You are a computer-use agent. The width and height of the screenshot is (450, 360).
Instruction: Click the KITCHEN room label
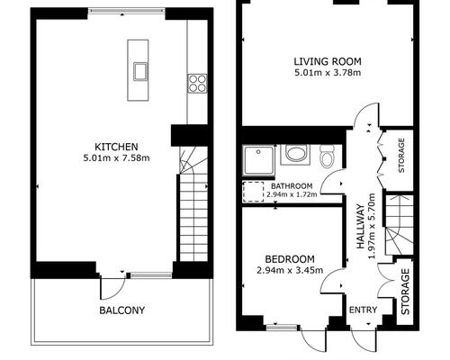pos(116,147)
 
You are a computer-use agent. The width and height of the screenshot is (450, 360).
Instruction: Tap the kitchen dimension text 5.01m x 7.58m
pos(116,157)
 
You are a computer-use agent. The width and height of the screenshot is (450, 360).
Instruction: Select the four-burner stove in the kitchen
pos(197,84)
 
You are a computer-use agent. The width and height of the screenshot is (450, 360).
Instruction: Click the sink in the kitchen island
pos(140,72)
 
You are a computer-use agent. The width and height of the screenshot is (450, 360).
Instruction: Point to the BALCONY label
pos(122,310)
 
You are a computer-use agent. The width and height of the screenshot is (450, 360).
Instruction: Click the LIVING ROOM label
pos(328,61)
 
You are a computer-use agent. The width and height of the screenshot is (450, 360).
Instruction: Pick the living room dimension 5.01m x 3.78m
pos(328,73)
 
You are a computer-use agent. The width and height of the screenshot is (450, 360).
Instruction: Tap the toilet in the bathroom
pos(327,157)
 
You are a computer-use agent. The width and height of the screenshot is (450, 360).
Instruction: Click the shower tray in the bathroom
pos(258,161)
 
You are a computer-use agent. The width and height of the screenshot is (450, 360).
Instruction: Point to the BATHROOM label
pos(292,186)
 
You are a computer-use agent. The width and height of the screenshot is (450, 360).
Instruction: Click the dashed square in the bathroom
pos(253,192)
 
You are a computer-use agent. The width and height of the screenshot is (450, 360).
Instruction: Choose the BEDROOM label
pos(290,259)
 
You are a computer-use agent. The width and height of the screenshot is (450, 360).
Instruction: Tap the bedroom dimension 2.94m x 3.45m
pos(290,270)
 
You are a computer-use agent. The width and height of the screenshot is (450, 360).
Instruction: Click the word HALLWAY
pos(360,227)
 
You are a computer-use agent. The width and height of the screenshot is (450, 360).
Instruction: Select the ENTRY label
pos(363,310)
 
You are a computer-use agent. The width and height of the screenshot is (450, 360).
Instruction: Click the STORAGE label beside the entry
pos(405,292)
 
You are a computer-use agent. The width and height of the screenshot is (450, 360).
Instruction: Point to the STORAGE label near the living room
pos(401,155)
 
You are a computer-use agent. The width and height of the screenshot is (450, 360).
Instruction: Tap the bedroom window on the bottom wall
pos(282,328)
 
